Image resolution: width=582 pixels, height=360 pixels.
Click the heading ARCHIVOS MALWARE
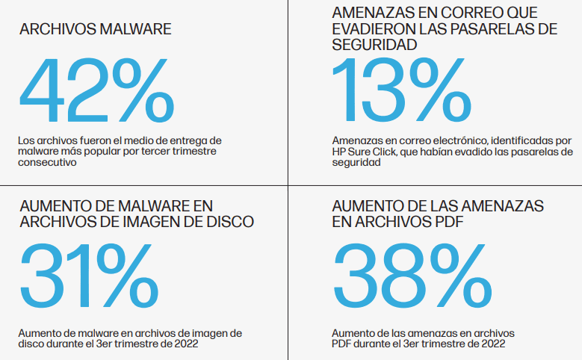coord(96,30)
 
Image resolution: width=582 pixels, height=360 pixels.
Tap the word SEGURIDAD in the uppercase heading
coord(374,45)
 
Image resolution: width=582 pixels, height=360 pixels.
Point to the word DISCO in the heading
coord(226,221)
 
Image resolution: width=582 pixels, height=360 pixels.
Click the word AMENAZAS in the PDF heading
coord(498,205)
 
